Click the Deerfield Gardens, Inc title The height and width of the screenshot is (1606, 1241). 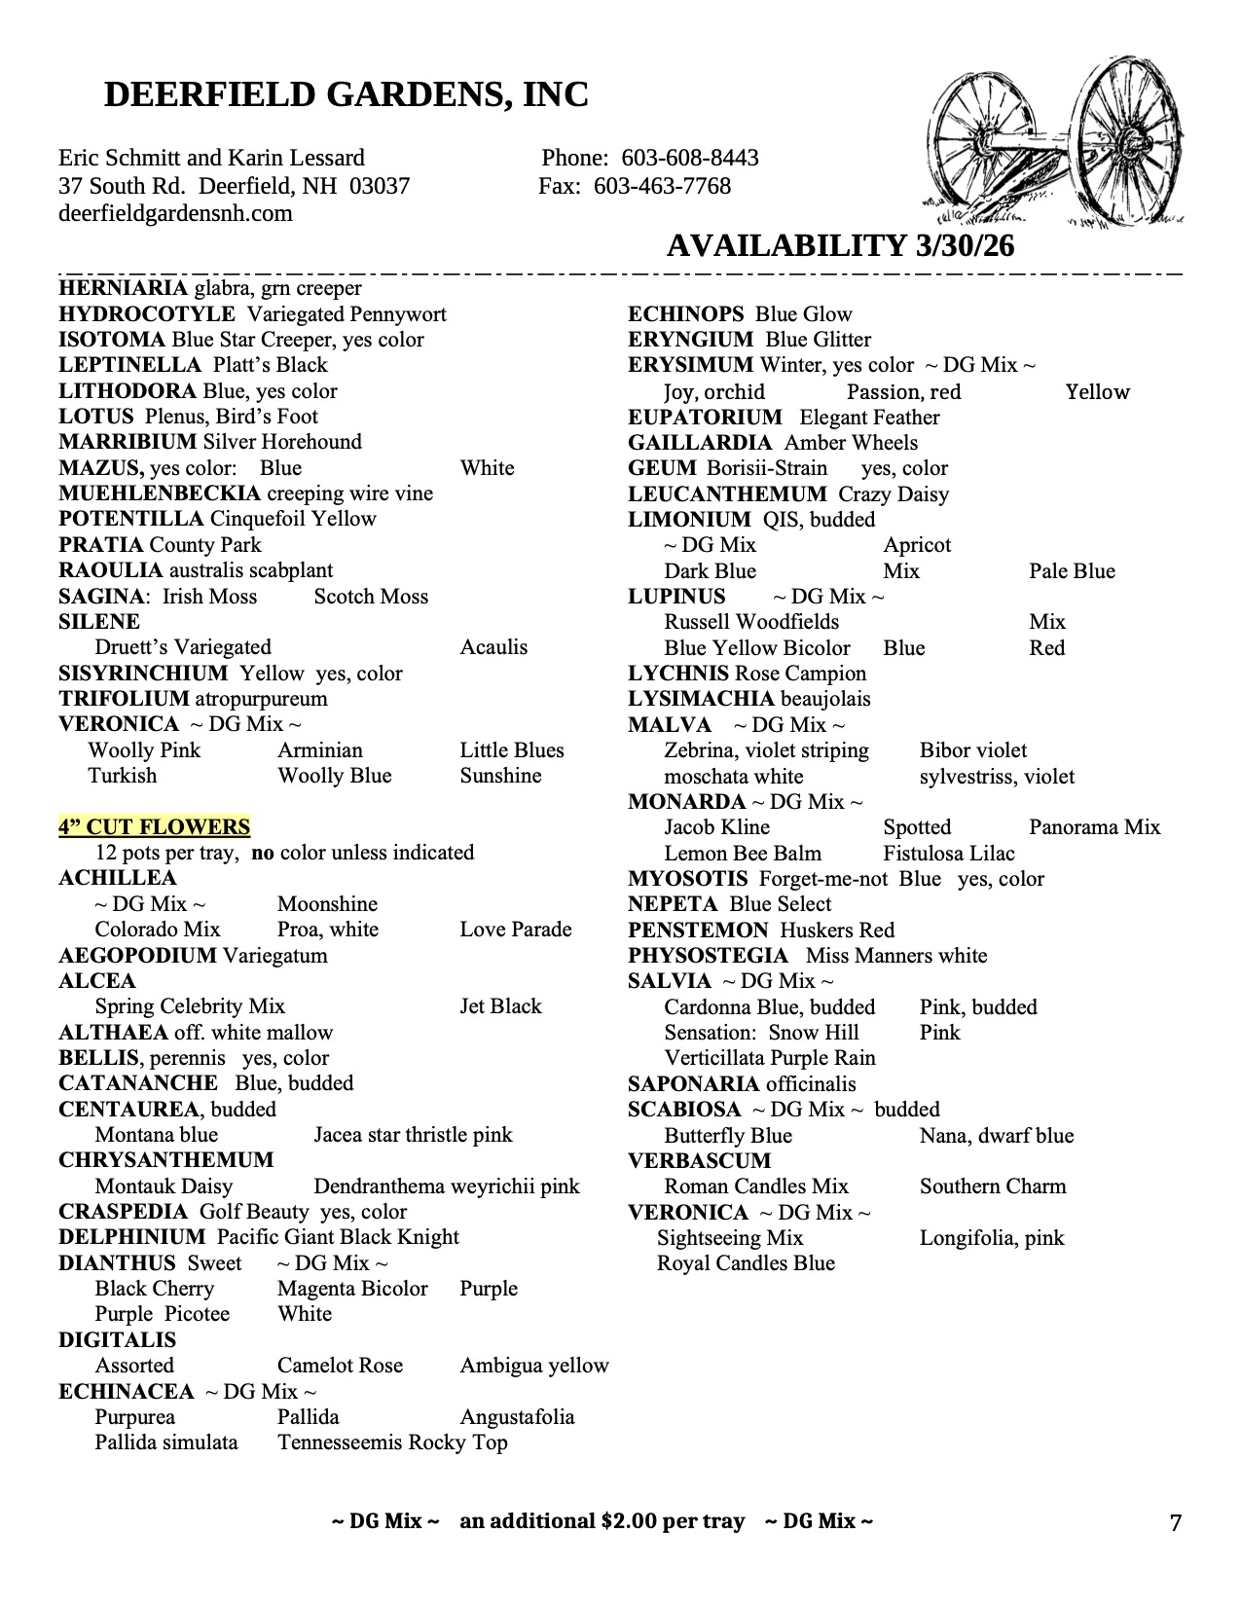click(346, 94)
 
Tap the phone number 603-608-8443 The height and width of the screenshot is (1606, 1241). click(689, 158)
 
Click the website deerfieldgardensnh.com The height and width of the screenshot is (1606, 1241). click(175, 213)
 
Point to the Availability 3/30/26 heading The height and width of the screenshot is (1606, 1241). click(840, 245)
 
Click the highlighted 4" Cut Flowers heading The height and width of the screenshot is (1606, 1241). click(154, 827)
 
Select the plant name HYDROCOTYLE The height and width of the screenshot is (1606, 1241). click(147, 314)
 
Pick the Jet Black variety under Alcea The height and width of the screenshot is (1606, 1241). click(500, 1006)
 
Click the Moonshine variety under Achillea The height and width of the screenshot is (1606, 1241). click(327, 904)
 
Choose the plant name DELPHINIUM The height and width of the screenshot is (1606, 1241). click(131, 1237)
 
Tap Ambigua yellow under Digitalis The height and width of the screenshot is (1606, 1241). click(533, 1366)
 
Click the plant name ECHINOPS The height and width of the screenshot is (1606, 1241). click(685, 314)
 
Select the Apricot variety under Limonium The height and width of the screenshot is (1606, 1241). click(917, 545)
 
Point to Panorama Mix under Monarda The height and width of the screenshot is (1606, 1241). click(1094, 827)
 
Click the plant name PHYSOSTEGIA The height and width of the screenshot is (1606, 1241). click(708, 956)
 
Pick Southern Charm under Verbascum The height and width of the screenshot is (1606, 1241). click(992, 1186)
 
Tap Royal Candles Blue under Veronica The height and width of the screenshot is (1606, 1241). click(746, 1263)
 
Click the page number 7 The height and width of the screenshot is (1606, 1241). click(1175, 1523)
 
